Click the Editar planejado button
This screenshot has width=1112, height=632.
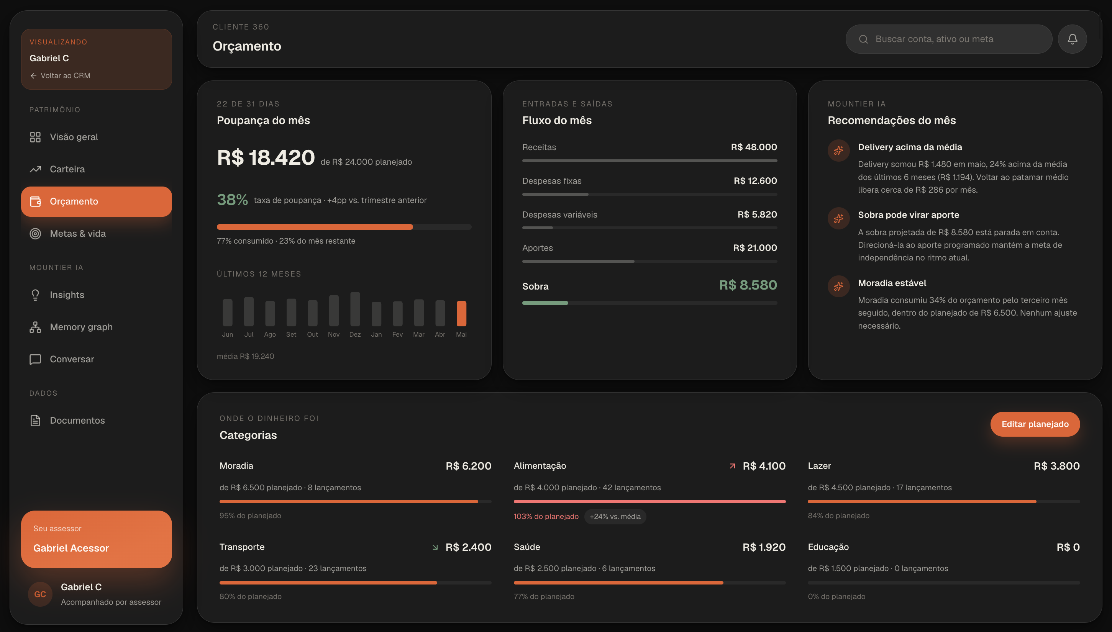coord(1035,424)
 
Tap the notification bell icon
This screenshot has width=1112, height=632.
coord(1072,39)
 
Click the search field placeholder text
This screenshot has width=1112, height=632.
coord(934,39)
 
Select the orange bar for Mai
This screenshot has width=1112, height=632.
coord(461,313)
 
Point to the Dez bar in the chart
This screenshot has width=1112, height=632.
coord(355,309)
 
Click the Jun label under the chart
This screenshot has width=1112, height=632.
coord(228,334)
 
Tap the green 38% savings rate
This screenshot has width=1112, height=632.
coord(232,200)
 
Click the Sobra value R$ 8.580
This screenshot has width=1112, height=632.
coord(748,285)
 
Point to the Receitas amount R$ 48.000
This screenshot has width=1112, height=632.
coord(754,147)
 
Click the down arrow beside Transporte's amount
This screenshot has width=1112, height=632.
coord(435,547)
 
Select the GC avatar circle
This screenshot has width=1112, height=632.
coord(40,594)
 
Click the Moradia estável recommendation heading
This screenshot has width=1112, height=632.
coord(892,283)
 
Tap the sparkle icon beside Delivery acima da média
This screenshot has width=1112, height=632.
coord(838,150)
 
